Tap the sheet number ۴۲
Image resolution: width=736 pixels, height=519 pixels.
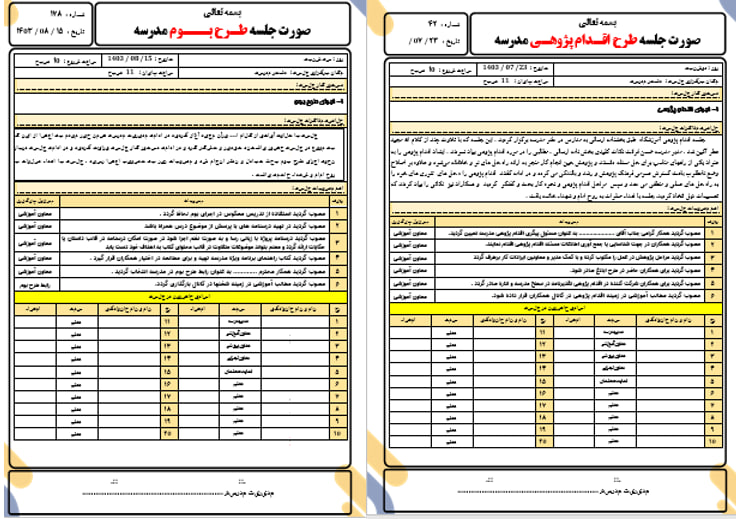point(407,20)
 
